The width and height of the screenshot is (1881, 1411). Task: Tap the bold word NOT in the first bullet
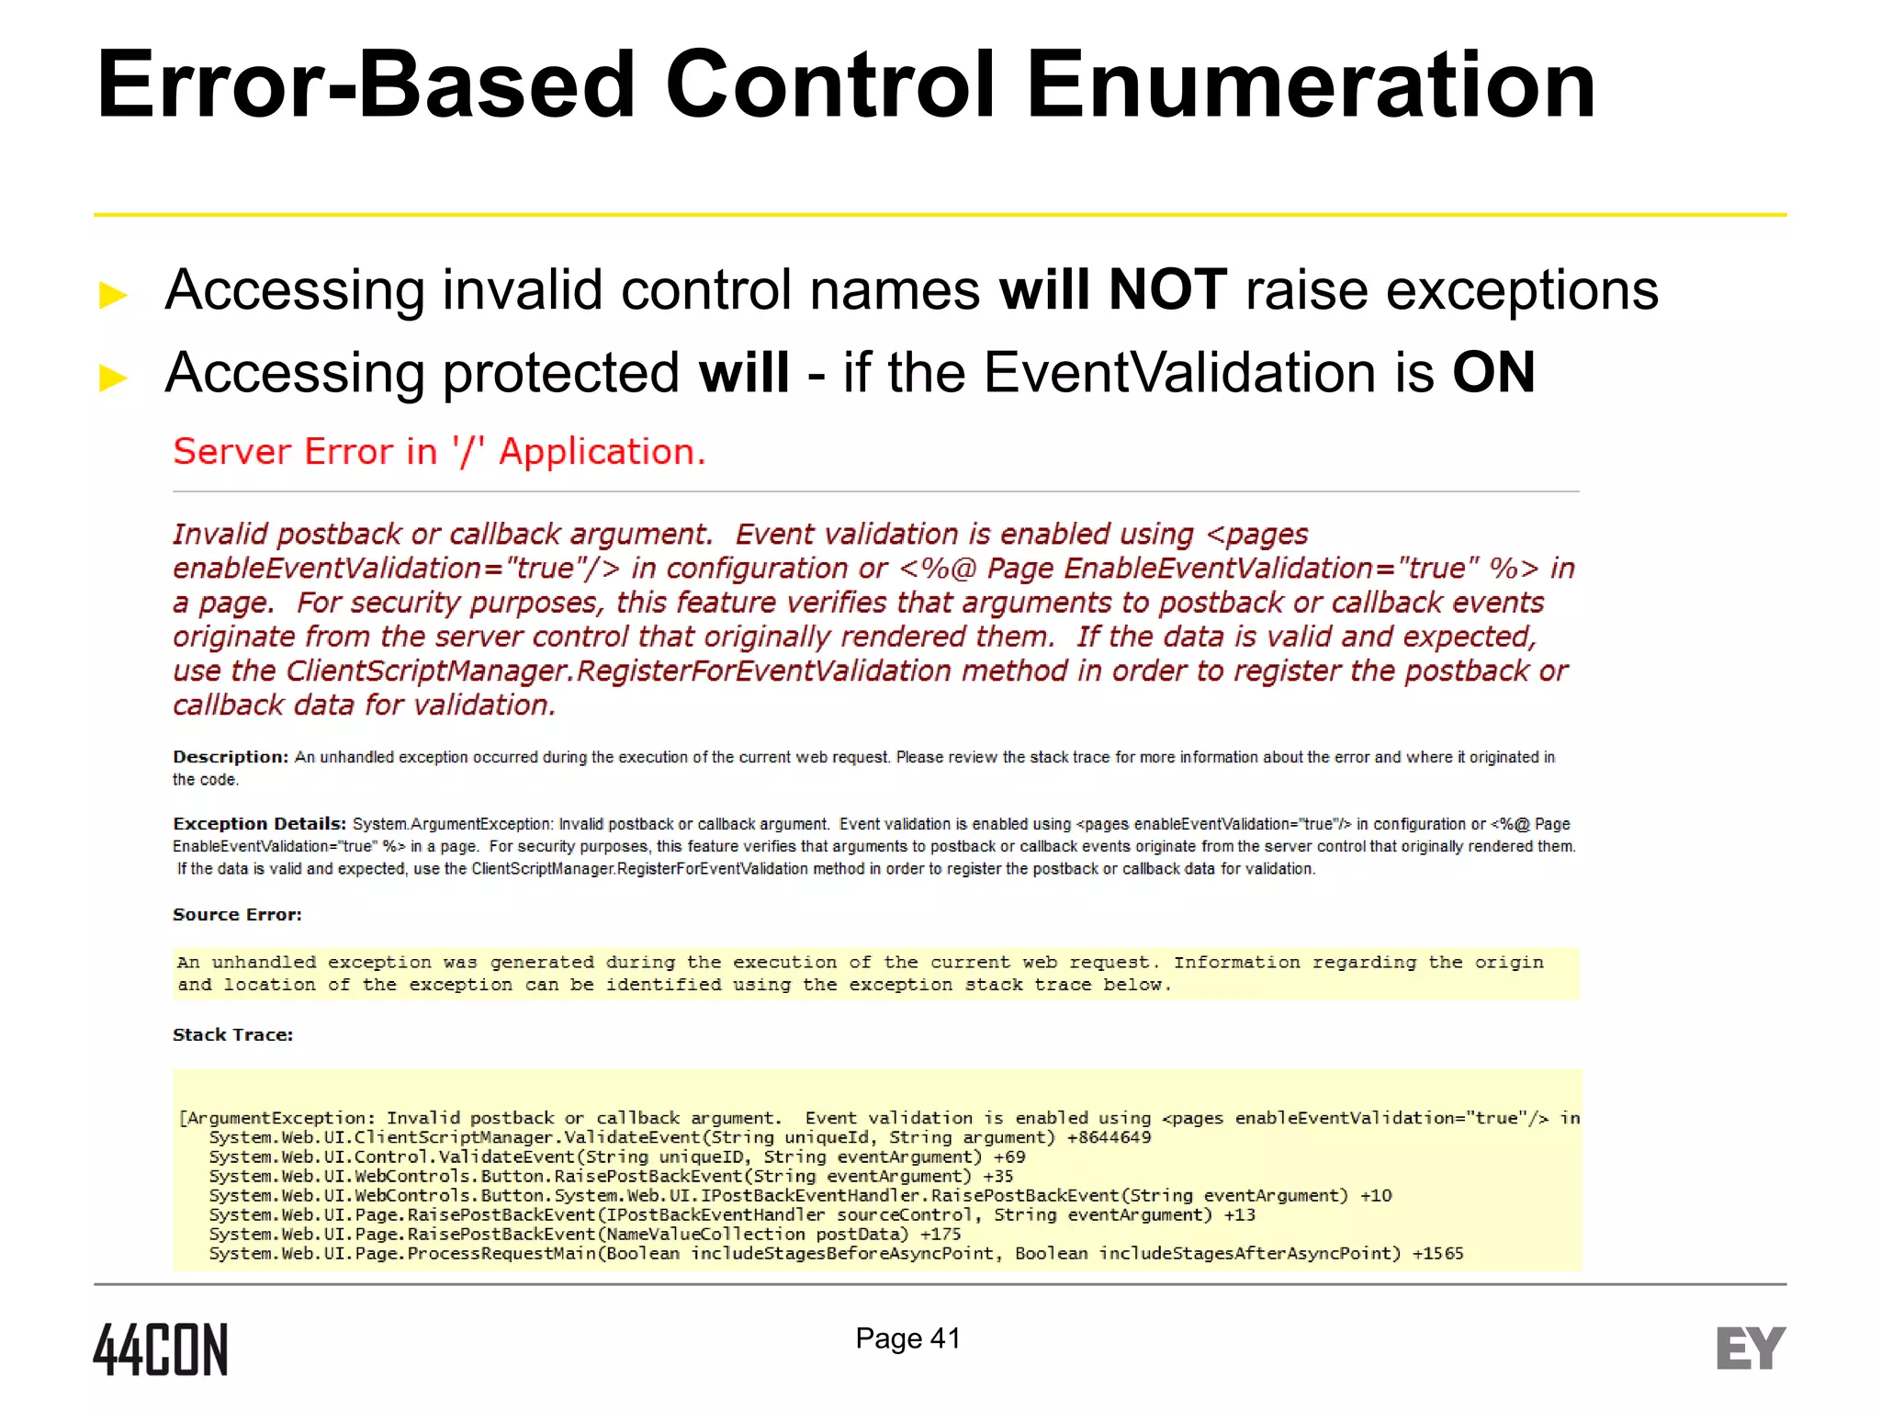coord(1167,290)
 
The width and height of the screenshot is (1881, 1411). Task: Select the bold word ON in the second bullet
coord(1493,373)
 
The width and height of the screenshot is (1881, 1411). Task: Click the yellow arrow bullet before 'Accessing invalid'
coord(113,295)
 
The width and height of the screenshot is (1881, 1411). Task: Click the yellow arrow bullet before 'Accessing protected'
coord(113,377)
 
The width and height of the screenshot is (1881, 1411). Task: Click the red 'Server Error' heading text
coord(439,452)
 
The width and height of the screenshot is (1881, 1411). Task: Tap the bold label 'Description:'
coord(231,757)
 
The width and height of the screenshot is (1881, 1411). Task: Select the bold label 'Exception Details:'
coord(259,824)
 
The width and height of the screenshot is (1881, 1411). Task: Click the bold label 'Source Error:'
coord(237,915)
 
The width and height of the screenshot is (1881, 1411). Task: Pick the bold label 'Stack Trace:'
coord(232,1035)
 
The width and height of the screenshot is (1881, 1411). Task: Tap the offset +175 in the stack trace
coord(940,1235)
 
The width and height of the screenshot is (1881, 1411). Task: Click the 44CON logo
coord(161,1349)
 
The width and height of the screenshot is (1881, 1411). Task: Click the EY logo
coord(1751,1349)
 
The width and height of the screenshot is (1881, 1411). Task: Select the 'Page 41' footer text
coord(907,1338)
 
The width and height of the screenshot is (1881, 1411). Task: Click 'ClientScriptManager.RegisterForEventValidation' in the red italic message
coord(618,672)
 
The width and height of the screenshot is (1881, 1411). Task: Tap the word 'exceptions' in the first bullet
coord(1522,290)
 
